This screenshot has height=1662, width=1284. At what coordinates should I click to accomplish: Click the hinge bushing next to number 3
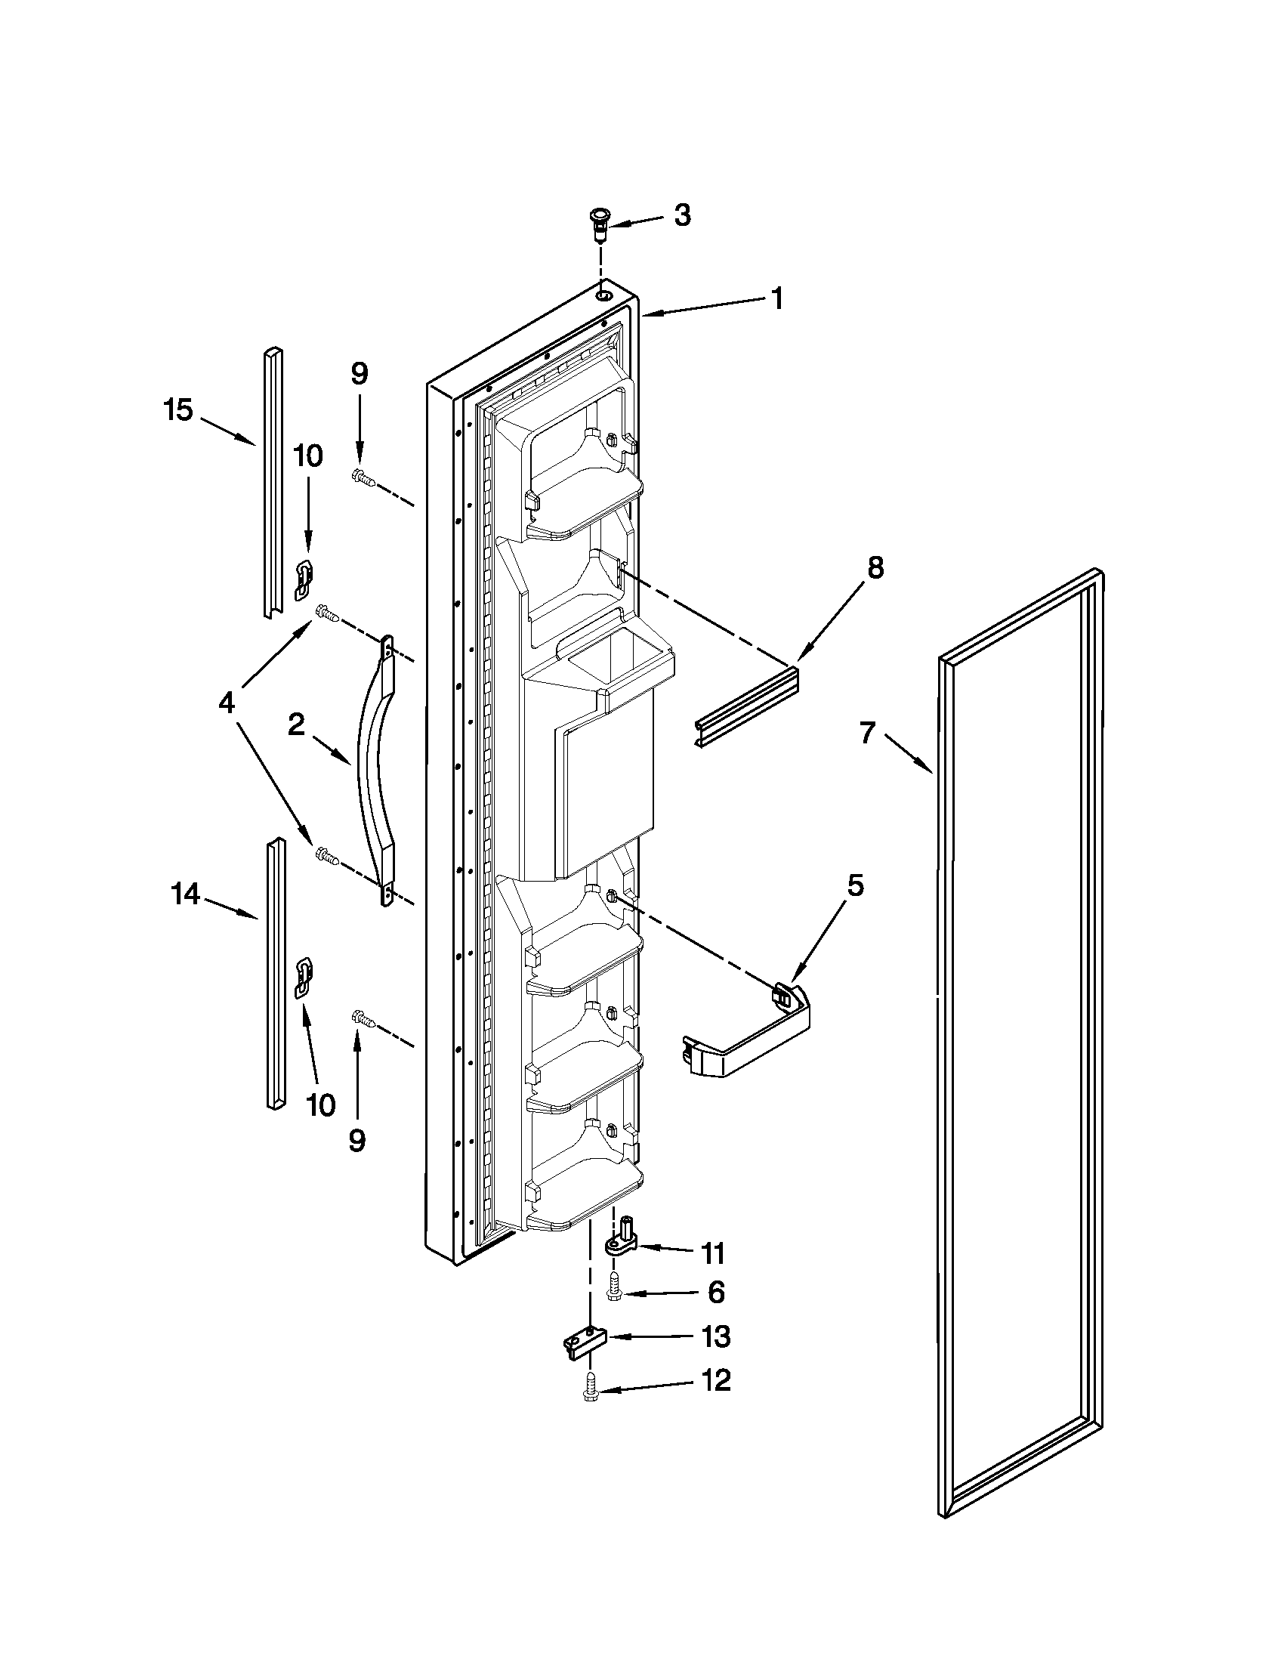click(601, 224)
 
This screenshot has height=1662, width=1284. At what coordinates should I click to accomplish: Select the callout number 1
click(776, 298)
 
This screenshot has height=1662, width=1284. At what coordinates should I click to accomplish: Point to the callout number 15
click(179, 411)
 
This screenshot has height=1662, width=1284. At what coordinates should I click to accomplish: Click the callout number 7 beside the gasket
click(869, 734)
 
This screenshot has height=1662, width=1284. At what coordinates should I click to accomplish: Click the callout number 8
click(875, 567)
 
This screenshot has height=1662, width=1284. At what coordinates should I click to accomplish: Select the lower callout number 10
click(321, 1104)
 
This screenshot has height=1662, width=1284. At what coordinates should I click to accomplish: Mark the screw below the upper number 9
click(362, 478)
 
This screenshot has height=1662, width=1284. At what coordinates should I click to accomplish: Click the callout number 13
click(715, 1336)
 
